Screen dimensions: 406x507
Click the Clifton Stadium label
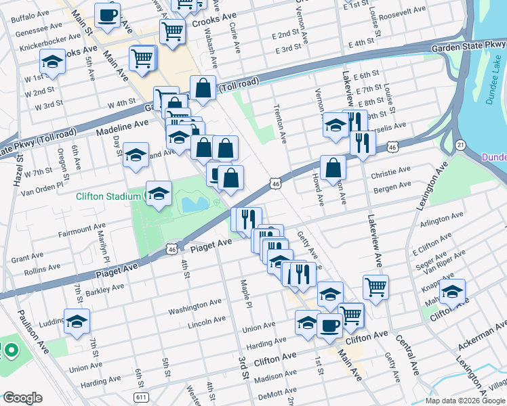pyautogui.click(x=108, y=196)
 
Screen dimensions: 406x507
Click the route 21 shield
pyautogui.click(x=460, y=145)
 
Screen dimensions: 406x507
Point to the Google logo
pyautogui.click(x=22, y=397)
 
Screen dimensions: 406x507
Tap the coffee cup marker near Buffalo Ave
pyautogui.click(x=107, y=16)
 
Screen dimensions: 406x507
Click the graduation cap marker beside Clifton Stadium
pyautogui.click(x=159, y=195)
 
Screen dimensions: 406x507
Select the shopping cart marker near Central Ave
pyautogui.click(x=376, y=286)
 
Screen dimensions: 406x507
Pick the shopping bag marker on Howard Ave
pyautogui.click(x=333, y=168)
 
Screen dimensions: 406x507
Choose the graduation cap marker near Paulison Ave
pyautogui.click(x=77, y=321)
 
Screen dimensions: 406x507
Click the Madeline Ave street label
pyautogui.click(x=122, y=127)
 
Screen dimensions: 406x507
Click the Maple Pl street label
pyautogui.click(x=243, y=291)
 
